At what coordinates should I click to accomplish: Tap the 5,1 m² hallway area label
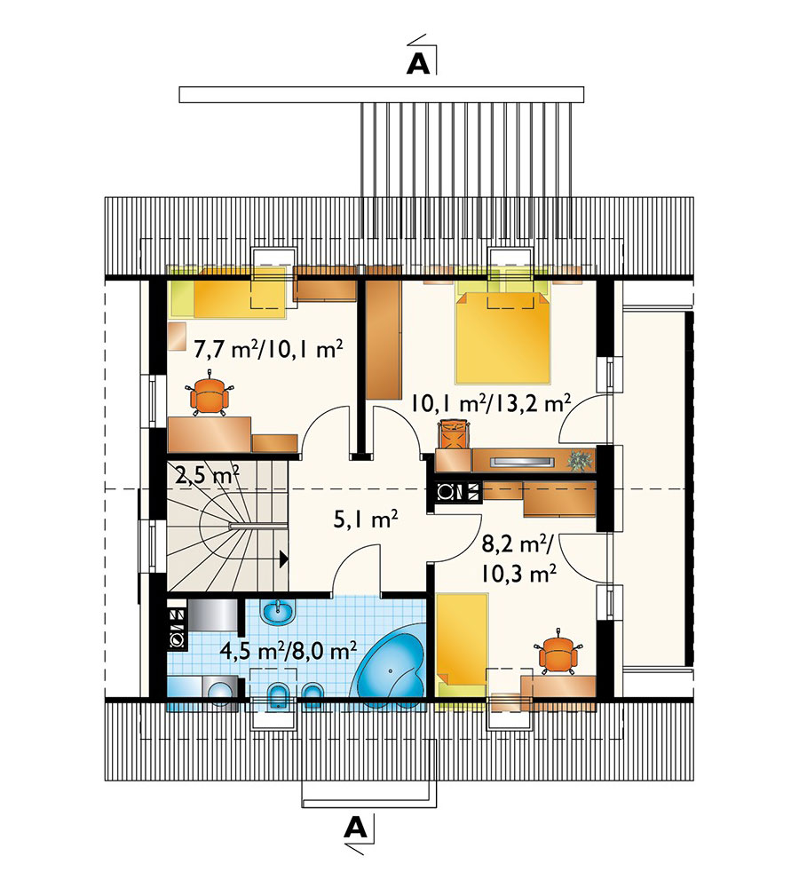coord(365,519)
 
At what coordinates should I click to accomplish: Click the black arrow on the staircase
coord(284,559)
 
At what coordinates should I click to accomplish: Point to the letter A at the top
coord(418,65)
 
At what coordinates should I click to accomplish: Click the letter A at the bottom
coord(356,829)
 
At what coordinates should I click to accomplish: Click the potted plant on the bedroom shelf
coord(580,461)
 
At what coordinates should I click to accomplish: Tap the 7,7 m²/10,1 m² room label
coord(268,349)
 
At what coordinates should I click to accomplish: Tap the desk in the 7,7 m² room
coord(210,434)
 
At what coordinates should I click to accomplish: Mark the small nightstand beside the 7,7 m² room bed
coord(178,337)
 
